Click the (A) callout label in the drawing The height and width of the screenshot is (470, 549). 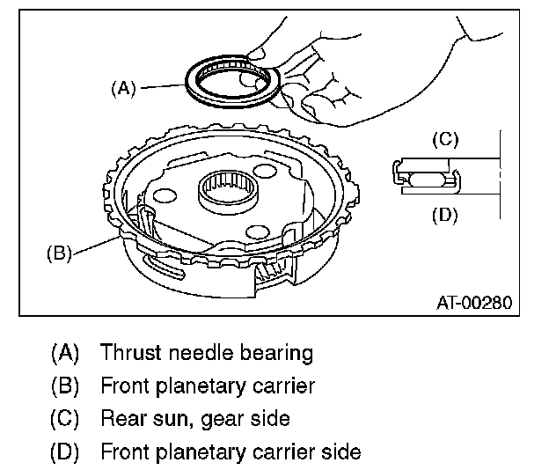tap(123, 88)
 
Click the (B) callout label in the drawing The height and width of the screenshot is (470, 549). tap(60, 253)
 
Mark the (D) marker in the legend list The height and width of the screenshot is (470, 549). tap(65, 452)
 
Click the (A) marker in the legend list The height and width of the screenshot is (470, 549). tap(65, 353)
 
